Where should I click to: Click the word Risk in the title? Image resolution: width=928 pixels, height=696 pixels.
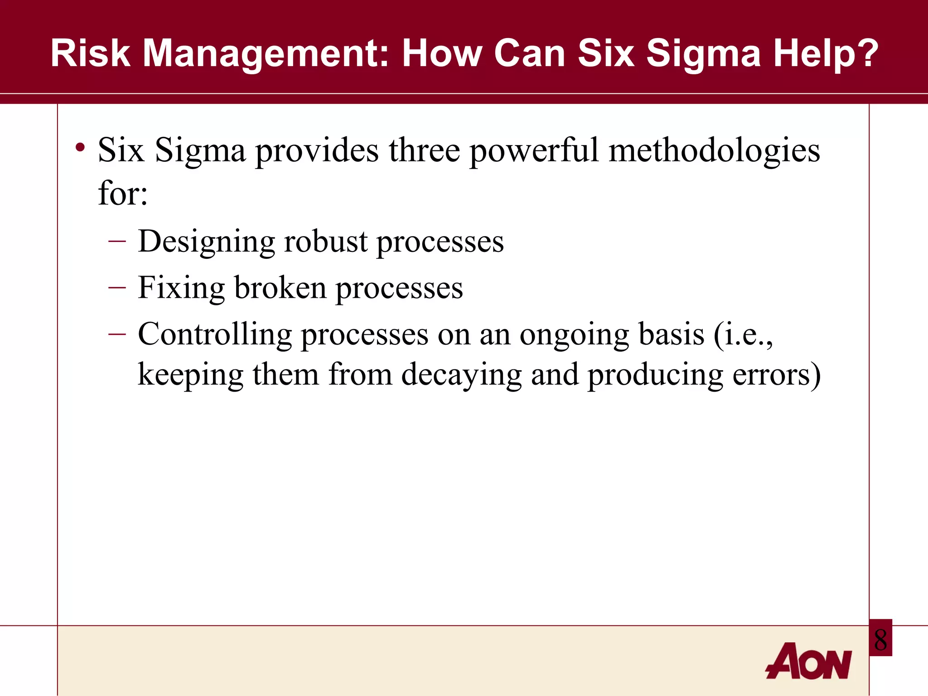pyautogui.click(x=90, y=53)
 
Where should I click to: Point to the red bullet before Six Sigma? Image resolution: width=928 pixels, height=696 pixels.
pyautogui.click(x=81, y=147)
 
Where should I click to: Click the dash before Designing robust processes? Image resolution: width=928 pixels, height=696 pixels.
pyautogui.click(x=117, y=241)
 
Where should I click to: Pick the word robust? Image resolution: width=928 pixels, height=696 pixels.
pyautogui.click(x=325, y=241)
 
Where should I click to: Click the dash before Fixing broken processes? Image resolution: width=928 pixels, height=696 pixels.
pyautogui.click(x=117, y=287)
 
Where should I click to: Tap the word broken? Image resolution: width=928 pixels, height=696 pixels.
pyautogui.click(x=280, y=288)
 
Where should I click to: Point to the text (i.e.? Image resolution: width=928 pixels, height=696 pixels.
pyautogui.click(x=743, y=334)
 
